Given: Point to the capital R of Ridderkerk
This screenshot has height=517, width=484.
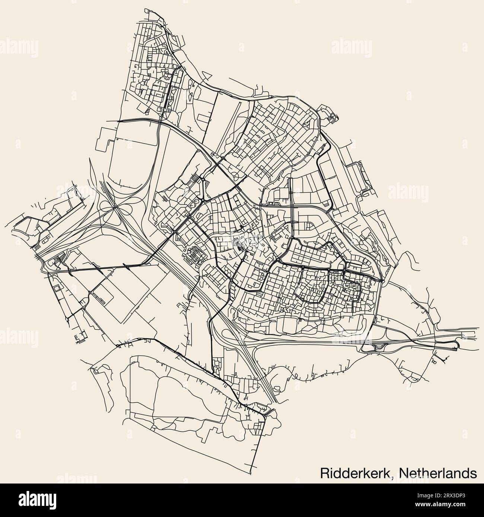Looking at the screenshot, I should (324, 473).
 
